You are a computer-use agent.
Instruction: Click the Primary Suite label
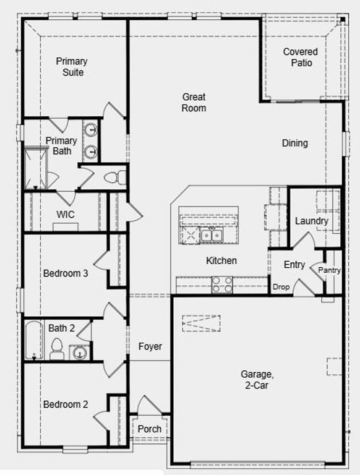71,67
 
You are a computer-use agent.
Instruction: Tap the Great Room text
194,103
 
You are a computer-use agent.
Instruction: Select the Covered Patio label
301,58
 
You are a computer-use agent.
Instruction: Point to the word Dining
295,143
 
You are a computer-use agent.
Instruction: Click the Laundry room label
311,221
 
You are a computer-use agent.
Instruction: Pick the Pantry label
330,270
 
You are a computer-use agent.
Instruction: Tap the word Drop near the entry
281,287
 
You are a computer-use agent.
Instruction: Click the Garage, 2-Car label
257,379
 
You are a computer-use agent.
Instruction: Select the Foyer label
150,347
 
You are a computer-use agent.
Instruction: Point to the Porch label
150,429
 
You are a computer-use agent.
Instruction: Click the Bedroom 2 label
66,404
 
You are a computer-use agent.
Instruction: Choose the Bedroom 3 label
66,273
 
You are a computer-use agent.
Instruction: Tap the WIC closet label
66,214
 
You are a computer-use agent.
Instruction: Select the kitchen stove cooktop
223,284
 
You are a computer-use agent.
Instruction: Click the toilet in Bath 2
57,349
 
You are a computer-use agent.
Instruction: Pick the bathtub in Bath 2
33,340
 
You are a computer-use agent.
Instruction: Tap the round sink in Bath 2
79,353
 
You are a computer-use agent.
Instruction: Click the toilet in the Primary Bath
112,178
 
